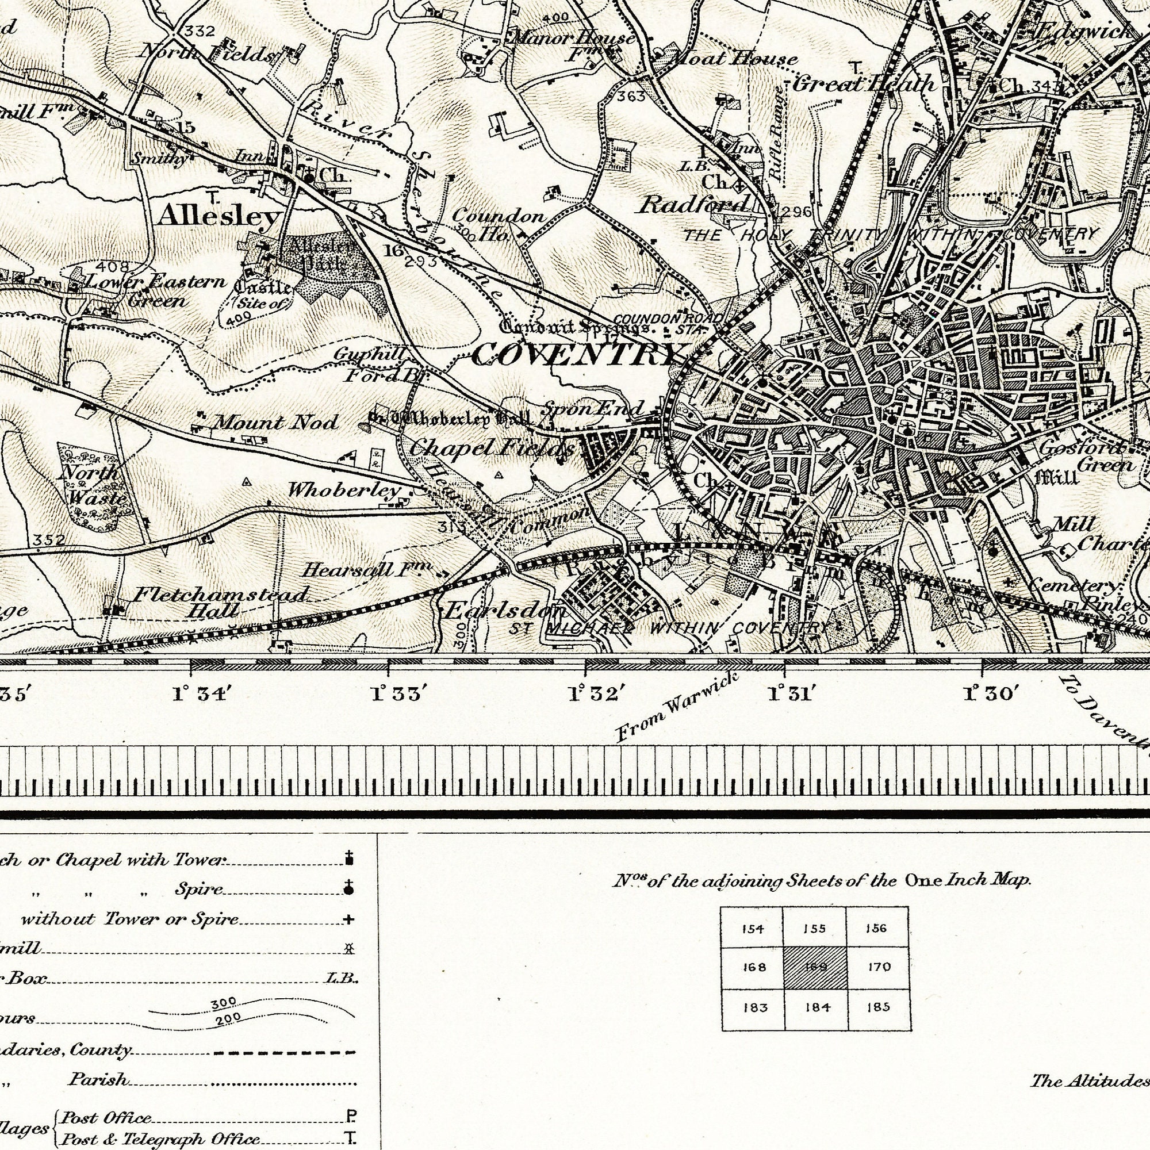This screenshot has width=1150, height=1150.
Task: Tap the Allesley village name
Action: tap(218, 217)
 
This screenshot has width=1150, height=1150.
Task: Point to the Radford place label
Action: tap(693, 205)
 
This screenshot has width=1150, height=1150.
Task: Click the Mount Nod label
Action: tap(275, 423)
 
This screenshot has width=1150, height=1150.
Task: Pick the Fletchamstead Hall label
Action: tap(220, 602)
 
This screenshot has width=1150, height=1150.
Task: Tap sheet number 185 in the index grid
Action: tap(879, 1007)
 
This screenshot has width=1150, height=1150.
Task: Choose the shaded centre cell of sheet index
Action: tap(815, 968)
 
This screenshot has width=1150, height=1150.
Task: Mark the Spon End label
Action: tap(593, 408)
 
